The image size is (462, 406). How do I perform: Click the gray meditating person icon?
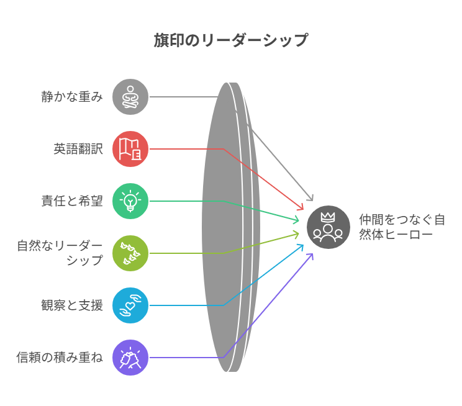coord(130,97)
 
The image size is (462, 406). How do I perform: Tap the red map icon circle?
coord(130,149)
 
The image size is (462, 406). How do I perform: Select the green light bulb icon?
coord(130,201)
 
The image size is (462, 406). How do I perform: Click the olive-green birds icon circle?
coord(130,253)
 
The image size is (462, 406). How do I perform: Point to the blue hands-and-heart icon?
coord(130,305)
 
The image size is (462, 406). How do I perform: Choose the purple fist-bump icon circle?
coord(130,358)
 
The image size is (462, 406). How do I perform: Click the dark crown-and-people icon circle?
coord(328,227)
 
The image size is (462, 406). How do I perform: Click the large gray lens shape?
coord(224,227)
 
